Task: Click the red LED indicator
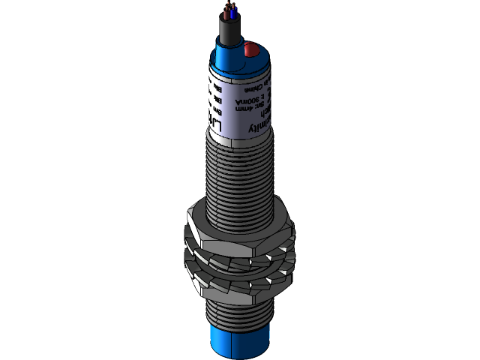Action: [x=250, y=50]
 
